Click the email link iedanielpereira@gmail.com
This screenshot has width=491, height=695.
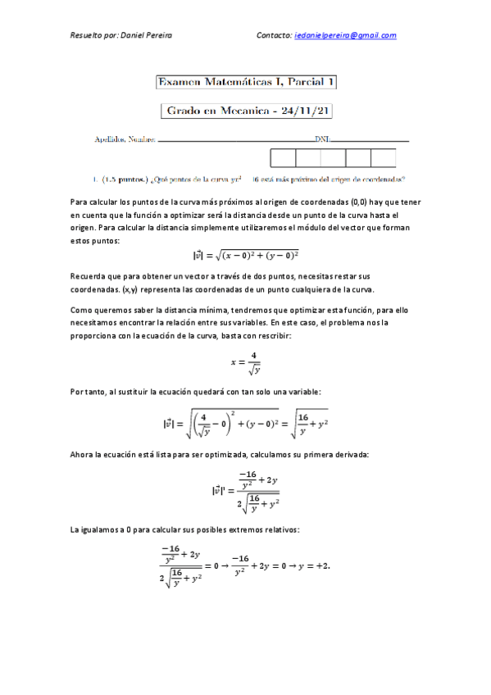tap(345, 35)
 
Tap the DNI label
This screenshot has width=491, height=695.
tap(322, 140)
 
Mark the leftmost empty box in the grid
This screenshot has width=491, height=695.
tap(283, 157)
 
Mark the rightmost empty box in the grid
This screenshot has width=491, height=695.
tap(383, 157)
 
